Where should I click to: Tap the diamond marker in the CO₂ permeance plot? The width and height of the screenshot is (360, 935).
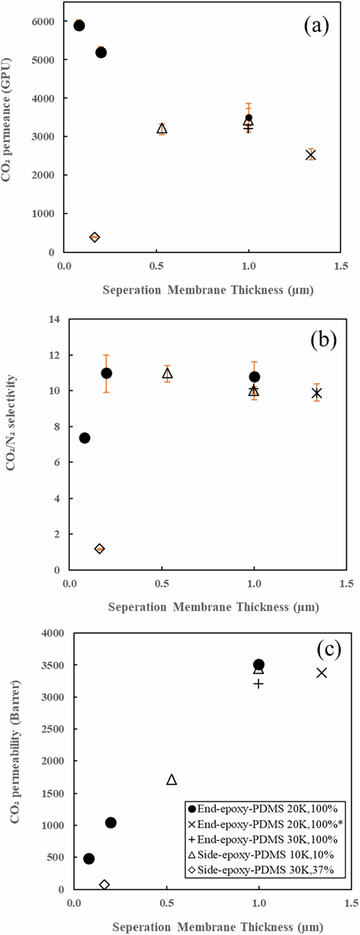point(95,237)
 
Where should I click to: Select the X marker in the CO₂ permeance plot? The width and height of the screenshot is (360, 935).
point(311,155)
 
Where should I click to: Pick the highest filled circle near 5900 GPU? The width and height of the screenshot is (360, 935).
point(79,26)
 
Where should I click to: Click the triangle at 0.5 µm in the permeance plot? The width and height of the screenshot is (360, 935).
point(162,129)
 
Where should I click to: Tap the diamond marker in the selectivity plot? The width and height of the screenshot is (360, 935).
point(99,549)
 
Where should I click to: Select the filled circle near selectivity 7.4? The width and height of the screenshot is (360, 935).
point(85,438)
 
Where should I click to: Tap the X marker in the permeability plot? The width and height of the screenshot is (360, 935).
point(322,672)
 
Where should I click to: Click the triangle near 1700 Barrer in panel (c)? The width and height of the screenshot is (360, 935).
point(171,779)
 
